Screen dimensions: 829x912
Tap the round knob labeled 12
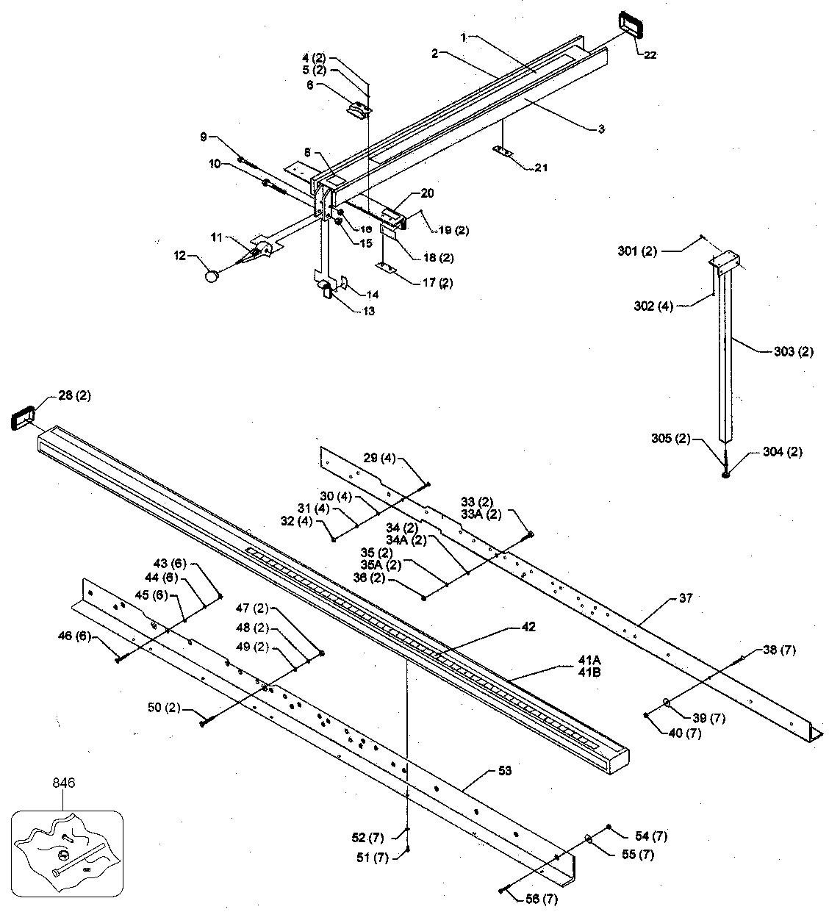(x=212, y=276)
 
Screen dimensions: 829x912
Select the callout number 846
(x=64, y=783)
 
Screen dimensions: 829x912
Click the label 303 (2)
(x=794, y=351)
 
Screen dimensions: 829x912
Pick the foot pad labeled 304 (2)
(x=726, y=475)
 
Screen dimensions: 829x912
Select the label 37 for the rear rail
(x=685, y=597)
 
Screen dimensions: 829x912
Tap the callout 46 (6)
(x=74, y=636)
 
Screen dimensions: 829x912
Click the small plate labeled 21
(x=503, y=151)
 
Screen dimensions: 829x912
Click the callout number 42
(x=528, y=627)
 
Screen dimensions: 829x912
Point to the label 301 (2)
(x=637, y=251)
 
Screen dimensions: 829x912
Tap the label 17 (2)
(x=437, y=283)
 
